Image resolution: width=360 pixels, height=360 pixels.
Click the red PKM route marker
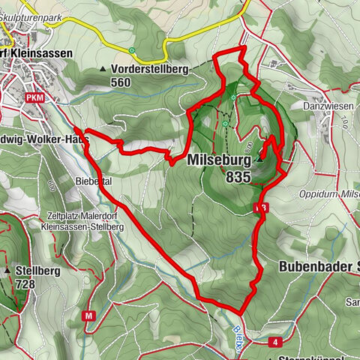[34, 97]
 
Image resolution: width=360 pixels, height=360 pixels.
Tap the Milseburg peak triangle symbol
[259, 158]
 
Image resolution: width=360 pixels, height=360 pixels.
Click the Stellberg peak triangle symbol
[8, 269]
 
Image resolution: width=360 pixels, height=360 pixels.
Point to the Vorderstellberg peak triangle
[103, 70]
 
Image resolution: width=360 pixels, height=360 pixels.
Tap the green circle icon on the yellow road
[133, 52]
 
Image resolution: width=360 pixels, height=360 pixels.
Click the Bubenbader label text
[315, 266]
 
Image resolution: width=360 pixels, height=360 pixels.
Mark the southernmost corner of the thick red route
[241, 313]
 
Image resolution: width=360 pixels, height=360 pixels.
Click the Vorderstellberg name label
[150, 70]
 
